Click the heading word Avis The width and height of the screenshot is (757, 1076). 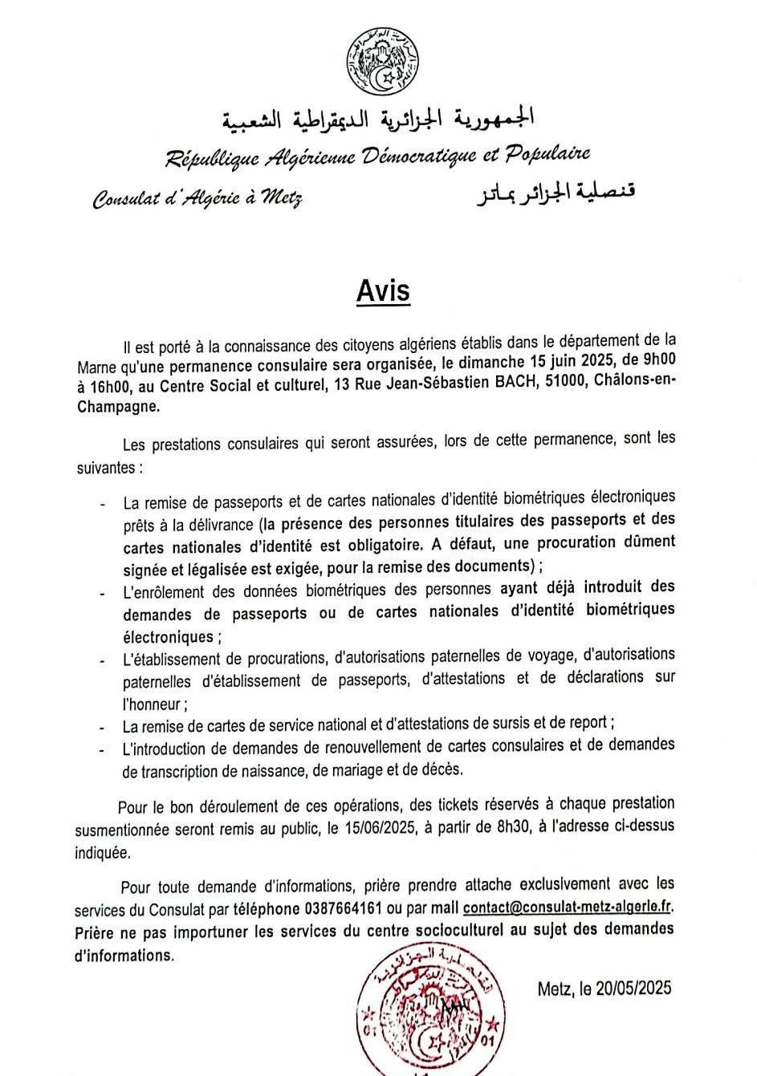coord(383,291)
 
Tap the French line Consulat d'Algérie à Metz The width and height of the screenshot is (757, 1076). coord(197,197)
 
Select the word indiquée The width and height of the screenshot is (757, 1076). coord(101,852)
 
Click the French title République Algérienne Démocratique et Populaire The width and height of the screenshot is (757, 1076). coord(378,156)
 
